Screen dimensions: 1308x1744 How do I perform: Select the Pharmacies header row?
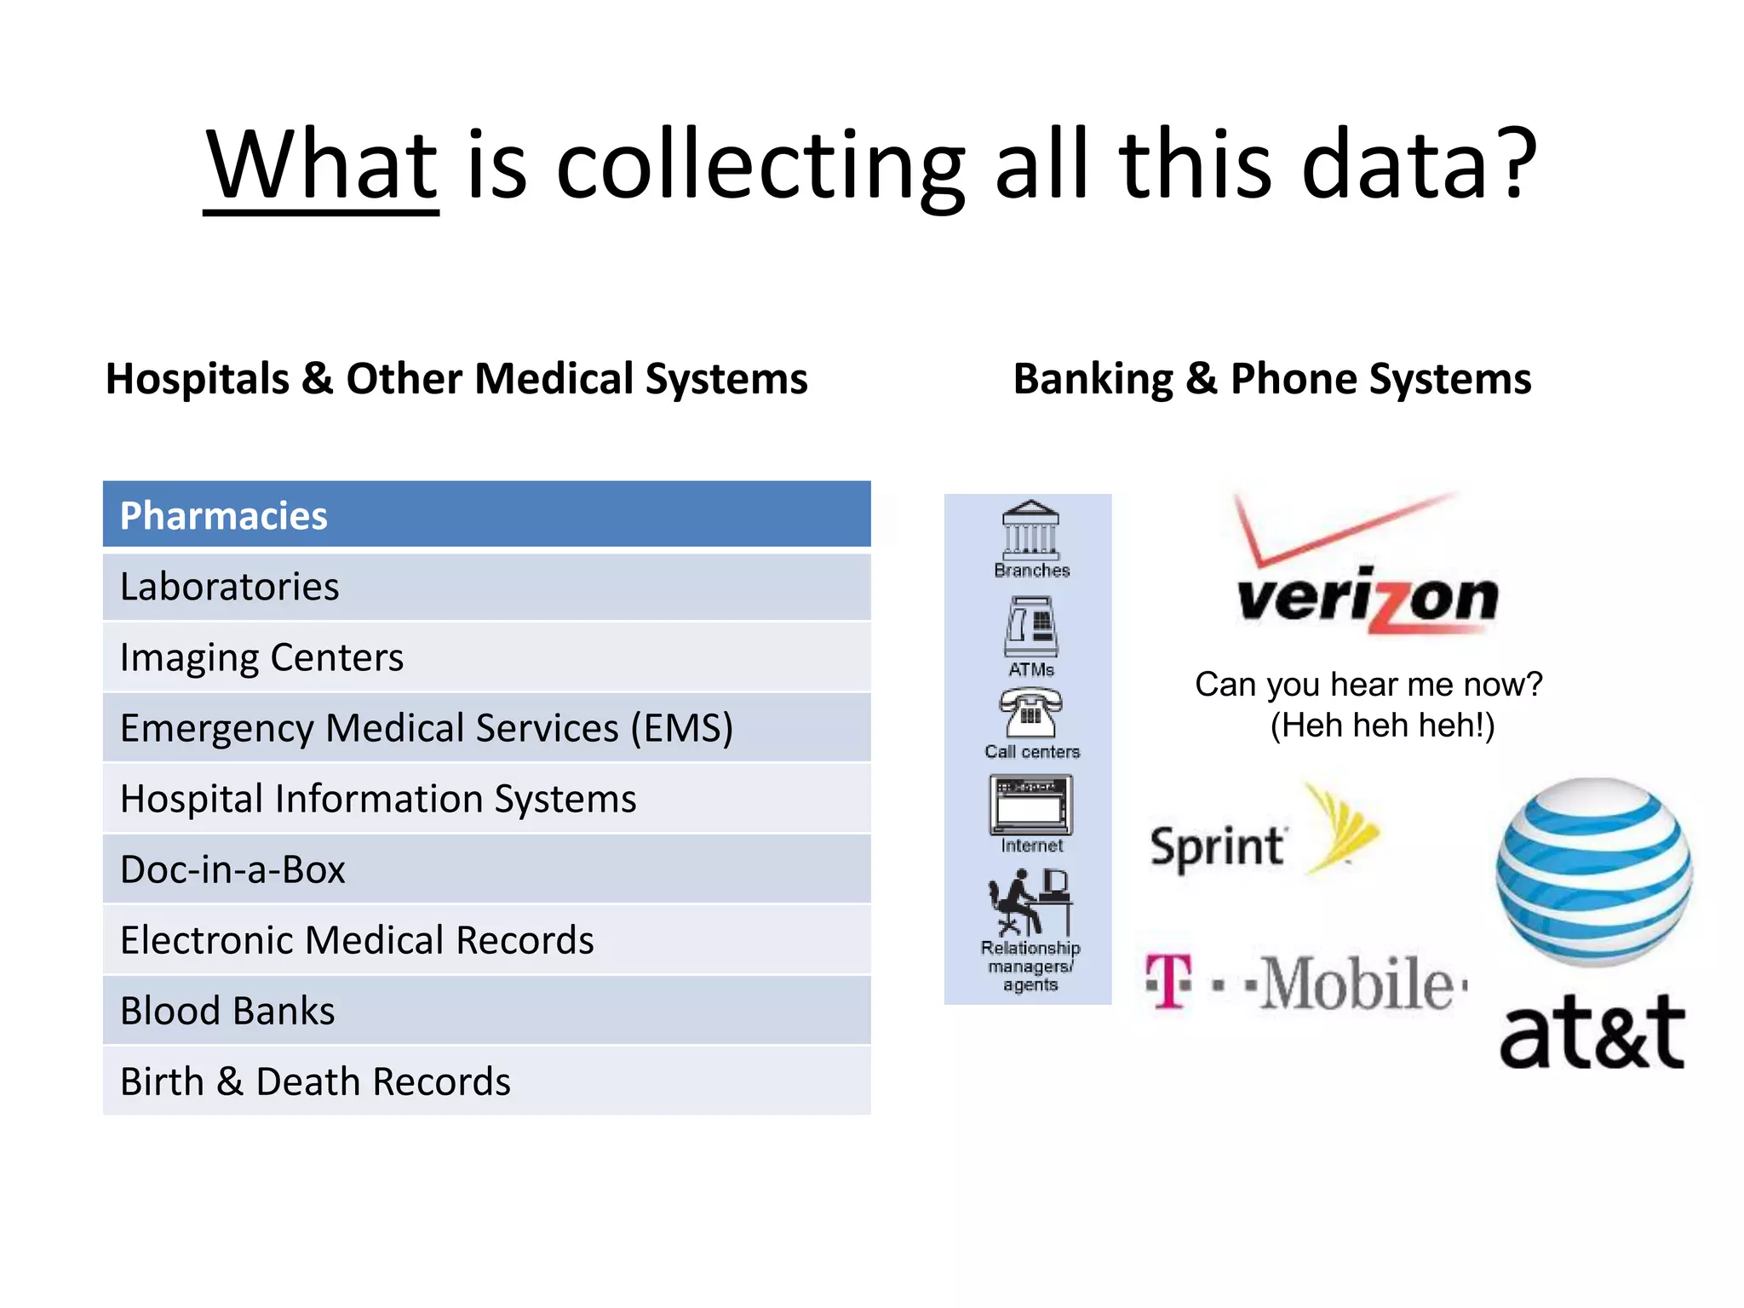click(486, 514)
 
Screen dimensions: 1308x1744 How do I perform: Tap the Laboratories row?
click(486, 587)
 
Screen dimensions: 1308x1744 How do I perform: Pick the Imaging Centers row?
click(486, 657)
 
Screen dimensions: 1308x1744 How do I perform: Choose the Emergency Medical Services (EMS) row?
click(486, 728)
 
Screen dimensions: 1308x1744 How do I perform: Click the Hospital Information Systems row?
click(486, 799)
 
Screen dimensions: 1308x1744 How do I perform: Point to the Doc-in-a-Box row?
click(486, 869)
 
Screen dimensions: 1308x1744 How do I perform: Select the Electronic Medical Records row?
click(486, 940)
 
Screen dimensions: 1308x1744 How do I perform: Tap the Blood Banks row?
click(486, 1011)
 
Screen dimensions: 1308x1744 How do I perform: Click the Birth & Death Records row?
click(486, 1081)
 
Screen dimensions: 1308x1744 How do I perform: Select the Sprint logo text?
click(1217, 846)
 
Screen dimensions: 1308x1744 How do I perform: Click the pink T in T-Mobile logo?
click(1169, 982)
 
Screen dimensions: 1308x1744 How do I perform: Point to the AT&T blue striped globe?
click(1594, 872)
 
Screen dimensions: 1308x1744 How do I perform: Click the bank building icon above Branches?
click(1031, 530)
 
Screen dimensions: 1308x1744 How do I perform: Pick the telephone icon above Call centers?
click(1030, 712)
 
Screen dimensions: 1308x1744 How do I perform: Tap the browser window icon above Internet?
click(1030, 805)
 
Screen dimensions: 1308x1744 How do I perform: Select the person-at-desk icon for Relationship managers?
click(1030, 902)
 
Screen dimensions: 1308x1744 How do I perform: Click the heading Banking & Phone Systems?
click(1272, 379)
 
